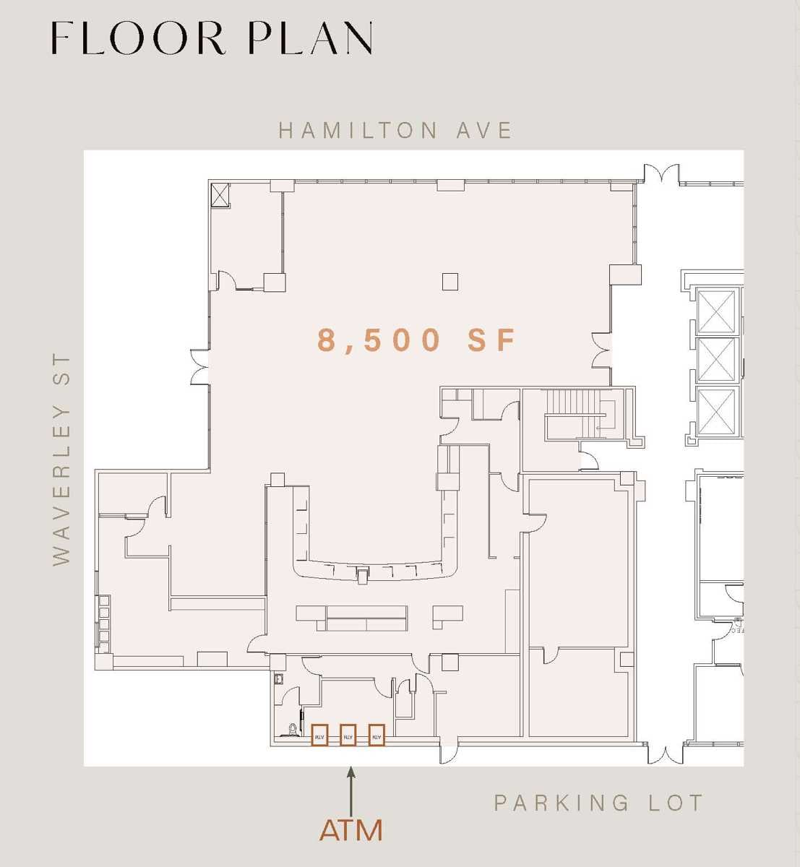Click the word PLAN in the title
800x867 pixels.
(311, 39)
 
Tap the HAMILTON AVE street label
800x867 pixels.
(395, 130)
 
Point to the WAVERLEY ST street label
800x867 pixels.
(62, 460)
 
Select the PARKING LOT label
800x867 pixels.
(598, 803)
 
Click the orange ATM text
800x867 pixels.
(351, 830)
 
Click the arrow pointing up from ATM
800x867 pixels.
(351, 791)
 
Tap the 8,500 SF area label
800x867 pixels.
(418, 340)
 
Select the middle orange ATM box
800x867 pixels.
(348, 736)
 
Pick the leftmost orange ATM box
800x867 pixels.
(319, 736)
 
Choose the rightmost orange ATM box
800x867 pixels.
(376, 736)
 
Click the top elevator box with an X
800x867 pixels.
(716, 311)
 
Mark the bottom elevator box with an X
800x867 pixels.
(716, 411)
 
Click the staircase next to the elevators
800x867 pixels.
(579, 413)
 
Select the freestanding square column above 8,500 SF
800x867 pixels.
(450, 281)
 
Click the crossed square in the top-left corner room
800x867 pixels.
(220, 195)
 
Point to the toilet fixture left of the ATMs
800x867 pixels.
(293, 730)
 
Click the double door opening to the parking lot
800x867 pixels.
(665, 754)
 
